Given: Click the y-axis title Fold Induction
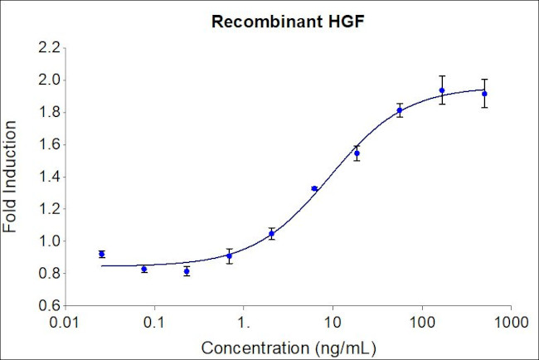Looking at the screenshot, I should [x=12, y=177].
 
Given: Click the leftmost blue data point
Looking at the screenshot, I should [x=101, y=254].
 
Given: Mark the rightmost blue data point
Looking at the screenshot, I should [x=484, y=94].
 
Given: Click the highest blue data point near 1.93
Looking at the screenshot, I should [x=442, y=90].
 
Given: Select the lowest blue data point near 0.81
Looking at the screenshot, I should [x=187, y=271].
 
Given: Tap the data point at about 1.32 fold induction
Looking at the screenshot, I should [x=314, y=189].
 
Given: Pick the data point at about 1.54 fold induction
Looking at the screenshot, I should [x=357, y=153].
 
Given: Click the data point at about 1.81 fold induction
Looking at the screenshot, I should [x=400, y=110].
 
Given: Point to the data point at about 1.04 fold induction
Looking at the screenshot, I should [x=271, y=234].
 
